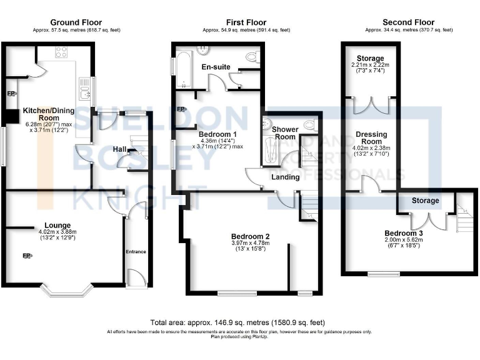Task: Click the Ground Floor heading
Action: click(76, 22)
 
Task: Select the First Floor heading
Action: click(246, 22)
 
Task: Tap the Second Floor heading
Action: click(409, 22)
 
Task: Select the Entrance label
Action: click(136, 252)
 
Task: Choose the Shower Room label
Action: click(285, 133)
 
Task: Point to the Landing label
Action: click(285, 177)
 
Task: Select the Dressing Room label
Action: click(371, 137)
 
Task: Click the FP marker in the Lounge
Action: click(27, 256)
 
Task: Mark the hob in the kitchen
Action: click(61, 52)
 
